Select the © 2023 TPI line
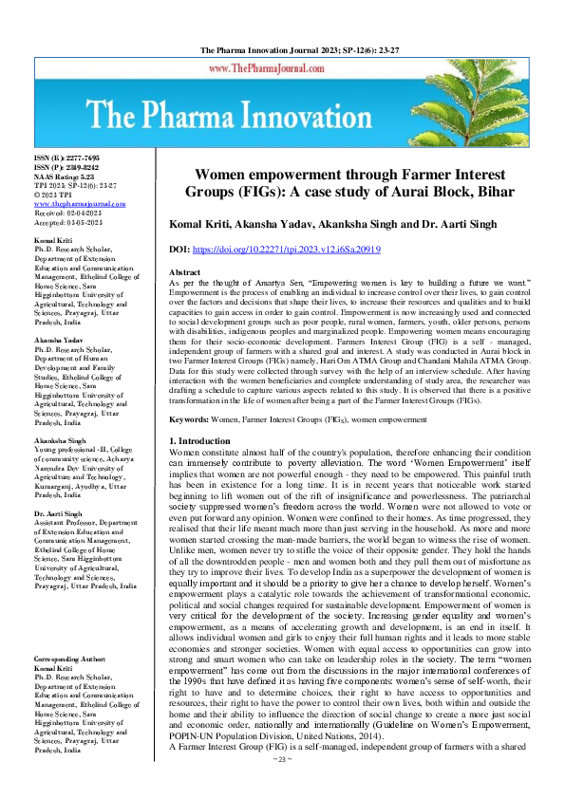click(x=56, y=195)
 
